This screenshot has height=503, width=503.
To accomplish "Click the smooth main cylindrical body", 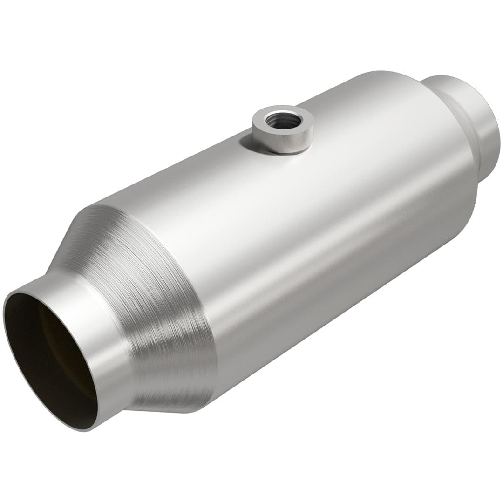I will [326, 233].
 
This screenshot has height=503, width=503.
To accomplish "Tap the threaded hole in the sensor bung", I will [282, 119].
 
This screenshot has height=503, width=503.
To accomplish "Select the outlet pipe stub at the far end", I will [484, 130].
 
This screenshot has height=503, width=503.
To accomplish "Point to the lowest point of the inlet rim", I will [86, 430].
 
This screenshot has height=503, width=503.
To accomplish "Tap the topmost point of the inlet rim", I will [28, 291].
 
